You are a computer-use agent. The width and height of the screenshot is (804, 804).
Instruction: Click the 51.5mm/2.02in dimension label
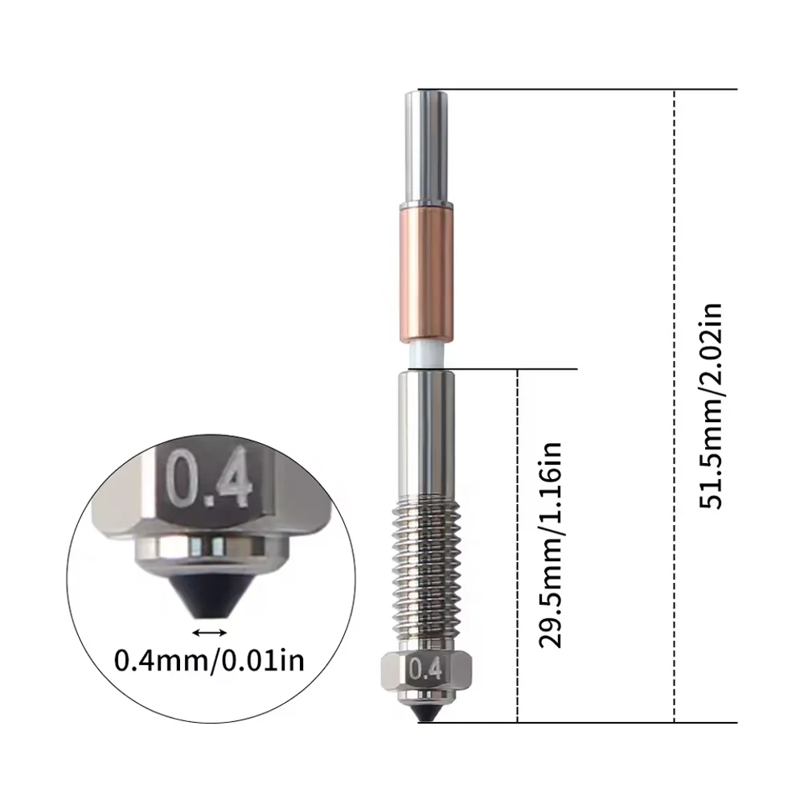coord(712,406)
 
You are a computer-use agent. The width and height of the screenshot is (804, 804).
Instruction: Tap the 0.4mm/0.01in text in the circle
coord(209,660)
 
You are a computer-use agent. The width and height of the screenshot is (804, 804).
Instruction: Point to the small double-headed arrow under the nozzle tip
coord(209,633)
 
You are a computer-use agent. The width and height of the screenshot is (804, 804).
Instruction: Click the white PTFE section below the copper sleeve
coord(427,354)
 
